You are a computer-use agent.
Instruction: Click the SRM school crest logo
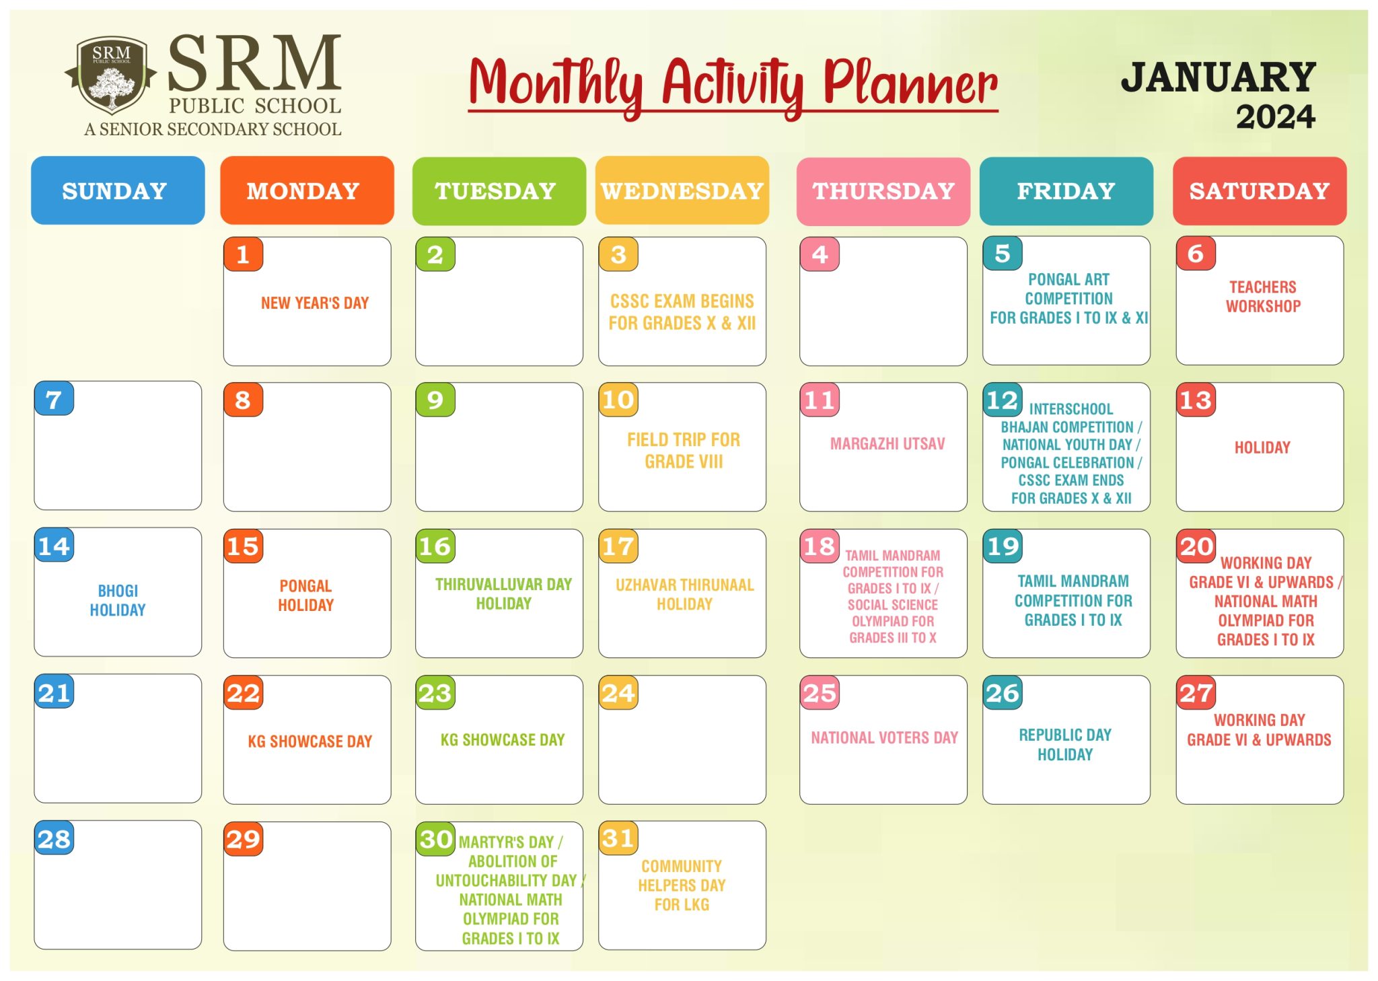(x=111, y=75)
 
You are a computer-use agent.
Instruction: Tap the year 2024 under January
(x=1275, y=116)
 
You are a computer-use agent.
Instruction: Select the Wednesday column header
(x=682, y=191)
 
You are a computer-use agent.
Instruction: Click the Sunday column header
(x=118, y=190)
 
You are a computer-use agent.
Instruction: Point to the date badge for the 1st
(x=243, y=254)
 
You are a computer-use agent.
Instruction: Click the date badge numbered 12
(x=1003, y=400)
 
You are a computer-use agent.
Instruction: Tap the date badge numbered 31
(x=618, y=838)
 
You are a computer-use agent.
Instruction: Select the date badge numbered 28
(x=54, y=838)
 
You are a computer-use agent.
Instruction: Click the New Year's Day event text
(x=315, y=303)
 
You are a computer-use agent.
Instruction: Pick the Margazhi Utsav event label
(x=887, y=443)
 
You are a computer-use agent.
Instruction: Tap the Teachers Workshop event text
(x=1263, y=297)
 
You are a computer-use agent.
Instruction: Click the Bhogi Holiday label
(x=118, y=600)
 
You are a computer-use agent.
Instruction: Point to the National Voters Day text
(x=884, y=737)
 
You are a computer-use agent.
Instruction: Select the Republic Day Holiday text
(x=1065, y=744)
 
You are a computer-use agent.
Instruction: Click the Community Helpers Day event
(x=682, y=885)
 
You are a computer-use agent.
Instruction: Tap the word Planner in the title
(x=910, y=85)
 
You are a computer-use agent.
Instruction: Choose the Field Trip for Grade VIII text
(x=684, y=450)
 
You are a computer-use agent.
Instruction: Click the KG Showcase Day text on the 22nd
(x=310, y=741)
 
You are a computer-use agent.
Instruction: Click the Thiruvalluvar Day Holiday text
(x=503, y=593)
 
